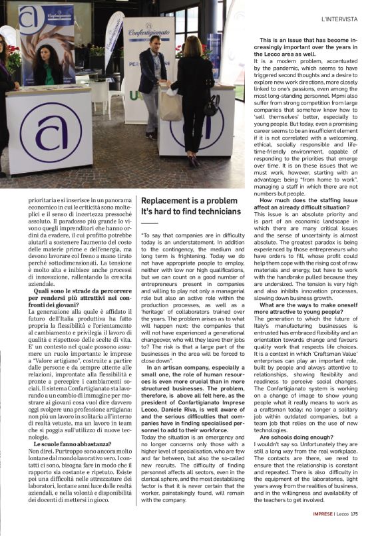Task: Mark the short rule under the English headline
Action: pyautogui.click(x=150, y=223)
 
